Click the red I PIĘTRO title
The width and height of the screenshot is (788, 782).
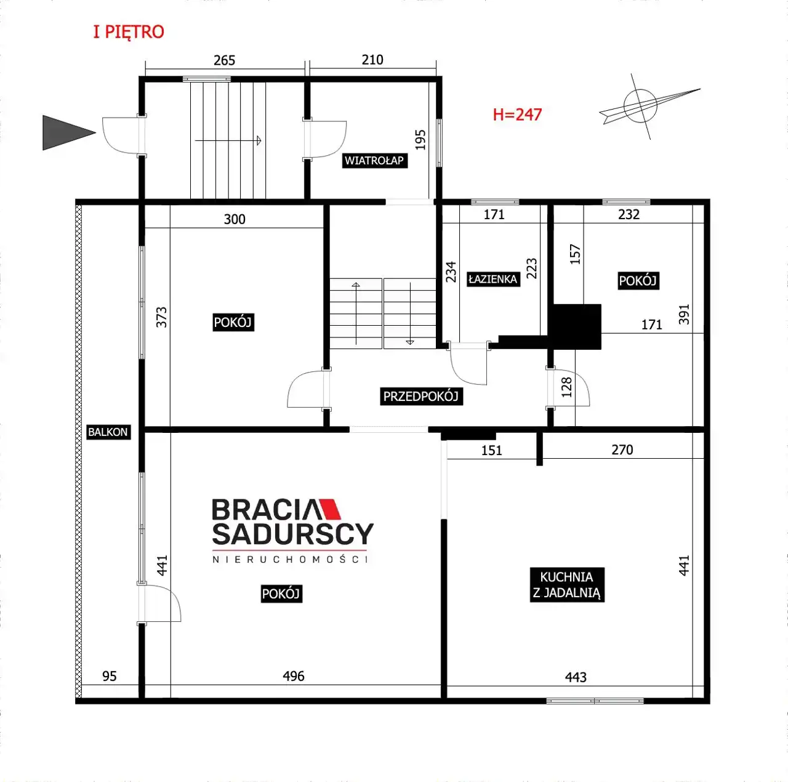(x=129, y=32)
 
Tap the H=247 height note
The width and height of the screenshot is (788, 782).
(x=517, y=115)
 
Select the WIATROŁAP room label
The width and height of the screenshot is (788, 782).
(x=374, y=161)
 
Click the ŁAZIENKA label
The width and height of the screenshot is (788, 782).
(x=493, y=279)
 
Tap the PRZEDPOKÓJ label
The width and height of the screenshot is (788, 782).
(x=421, y=396)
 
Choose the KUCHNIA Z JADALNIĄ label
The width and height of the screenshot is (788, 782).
(x=567, y=585)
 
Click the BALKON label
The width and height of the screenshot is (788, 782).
(x=108, y=432)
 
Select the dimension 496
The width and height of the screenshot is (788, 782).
(x=294, y=676)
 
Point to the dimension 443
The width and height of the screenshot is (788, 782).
(x=576, y=677)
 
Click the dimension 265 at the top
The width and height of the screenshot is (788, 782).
(x=225, y=60)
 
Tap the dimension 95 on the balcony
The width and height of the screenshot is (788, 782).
(x=109, y=676)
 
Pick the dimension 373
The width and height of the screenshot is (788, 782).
(x=162, y=317)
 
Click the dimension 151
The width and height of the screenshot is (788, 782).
(x=491, y=450)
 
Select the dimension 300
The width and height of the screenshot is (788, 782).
(x=235, y=219)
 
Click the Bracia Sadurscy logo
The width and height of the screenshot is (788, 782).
(x=293, y=531)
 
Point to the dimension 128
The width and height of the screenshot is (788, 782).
(x=567, y=387)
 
